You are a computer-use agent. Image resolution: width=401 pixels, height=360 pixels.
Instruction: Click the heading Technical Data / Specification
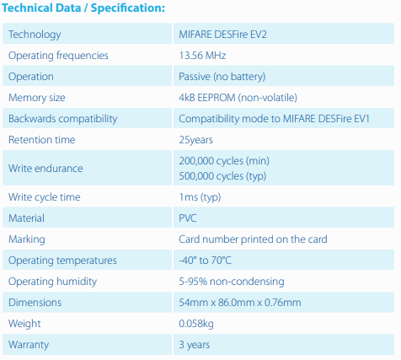tap(83, 8)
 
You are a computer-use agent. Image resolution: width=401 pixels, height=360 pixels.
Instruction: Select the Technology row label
tap(35, 35)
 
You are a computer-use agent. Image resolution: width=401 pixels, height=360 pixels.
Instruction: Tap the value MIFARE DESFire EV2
tap(222, 35)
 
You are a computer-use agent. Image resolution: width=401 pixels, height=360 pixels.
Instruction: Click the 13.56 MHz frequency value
tap(202, 56)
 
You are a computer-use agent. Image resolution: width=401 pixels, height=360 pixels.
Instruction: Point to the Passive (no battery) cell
tap(222, 77)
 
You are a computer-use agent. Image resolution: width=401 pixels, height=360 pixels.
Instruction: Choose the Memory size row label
tap(37, 98)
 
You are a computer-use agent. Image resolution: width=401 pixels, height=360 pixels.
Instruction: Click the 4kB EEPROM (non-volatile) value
tap(238, 98)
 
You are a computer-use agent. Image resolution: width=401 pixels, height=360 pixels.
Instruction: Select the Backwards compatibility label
tap(63, 119)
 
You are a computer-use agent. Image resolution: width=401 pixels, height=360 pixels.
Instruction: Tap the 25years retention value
tap(195, 140)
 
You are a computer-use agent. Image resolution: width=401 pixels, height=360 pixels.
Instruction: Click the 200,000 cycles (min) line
tap(224, 161)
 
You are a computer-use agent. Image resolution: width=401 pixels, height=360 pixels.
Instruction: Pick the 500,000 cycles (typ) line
tap(222, 176)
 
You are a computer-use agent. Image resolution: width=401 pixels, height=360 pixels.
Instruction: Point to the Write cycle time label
tap(45, 197)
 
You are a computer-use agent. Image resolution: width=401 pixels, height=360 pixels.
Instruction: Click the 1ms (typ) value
tap(200, 197)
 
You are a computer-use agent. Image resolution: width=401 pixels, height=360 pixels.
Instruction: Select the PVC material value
tap(188, 218)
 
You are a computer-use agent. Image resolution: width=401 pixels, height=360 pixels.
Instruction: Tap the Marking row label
tap(27, 239)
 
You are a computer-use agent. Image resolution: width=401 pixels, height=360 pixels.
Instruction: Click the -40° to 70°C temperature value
tap(206, 261)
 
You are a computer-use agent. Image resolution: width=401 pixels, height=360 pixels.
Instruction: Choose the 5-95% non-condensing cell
tap(232, 282)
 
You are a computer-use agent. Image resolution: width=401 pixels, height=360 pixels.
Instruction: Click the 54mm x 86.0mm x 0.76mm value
tap(240, 303)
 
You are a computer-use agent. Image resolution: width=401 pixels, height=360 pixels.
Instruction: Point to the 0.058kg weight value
tap(196, 324)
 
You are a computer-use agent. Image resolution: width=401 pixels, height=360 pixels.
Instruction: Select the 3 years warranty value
tap(195, 345)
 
